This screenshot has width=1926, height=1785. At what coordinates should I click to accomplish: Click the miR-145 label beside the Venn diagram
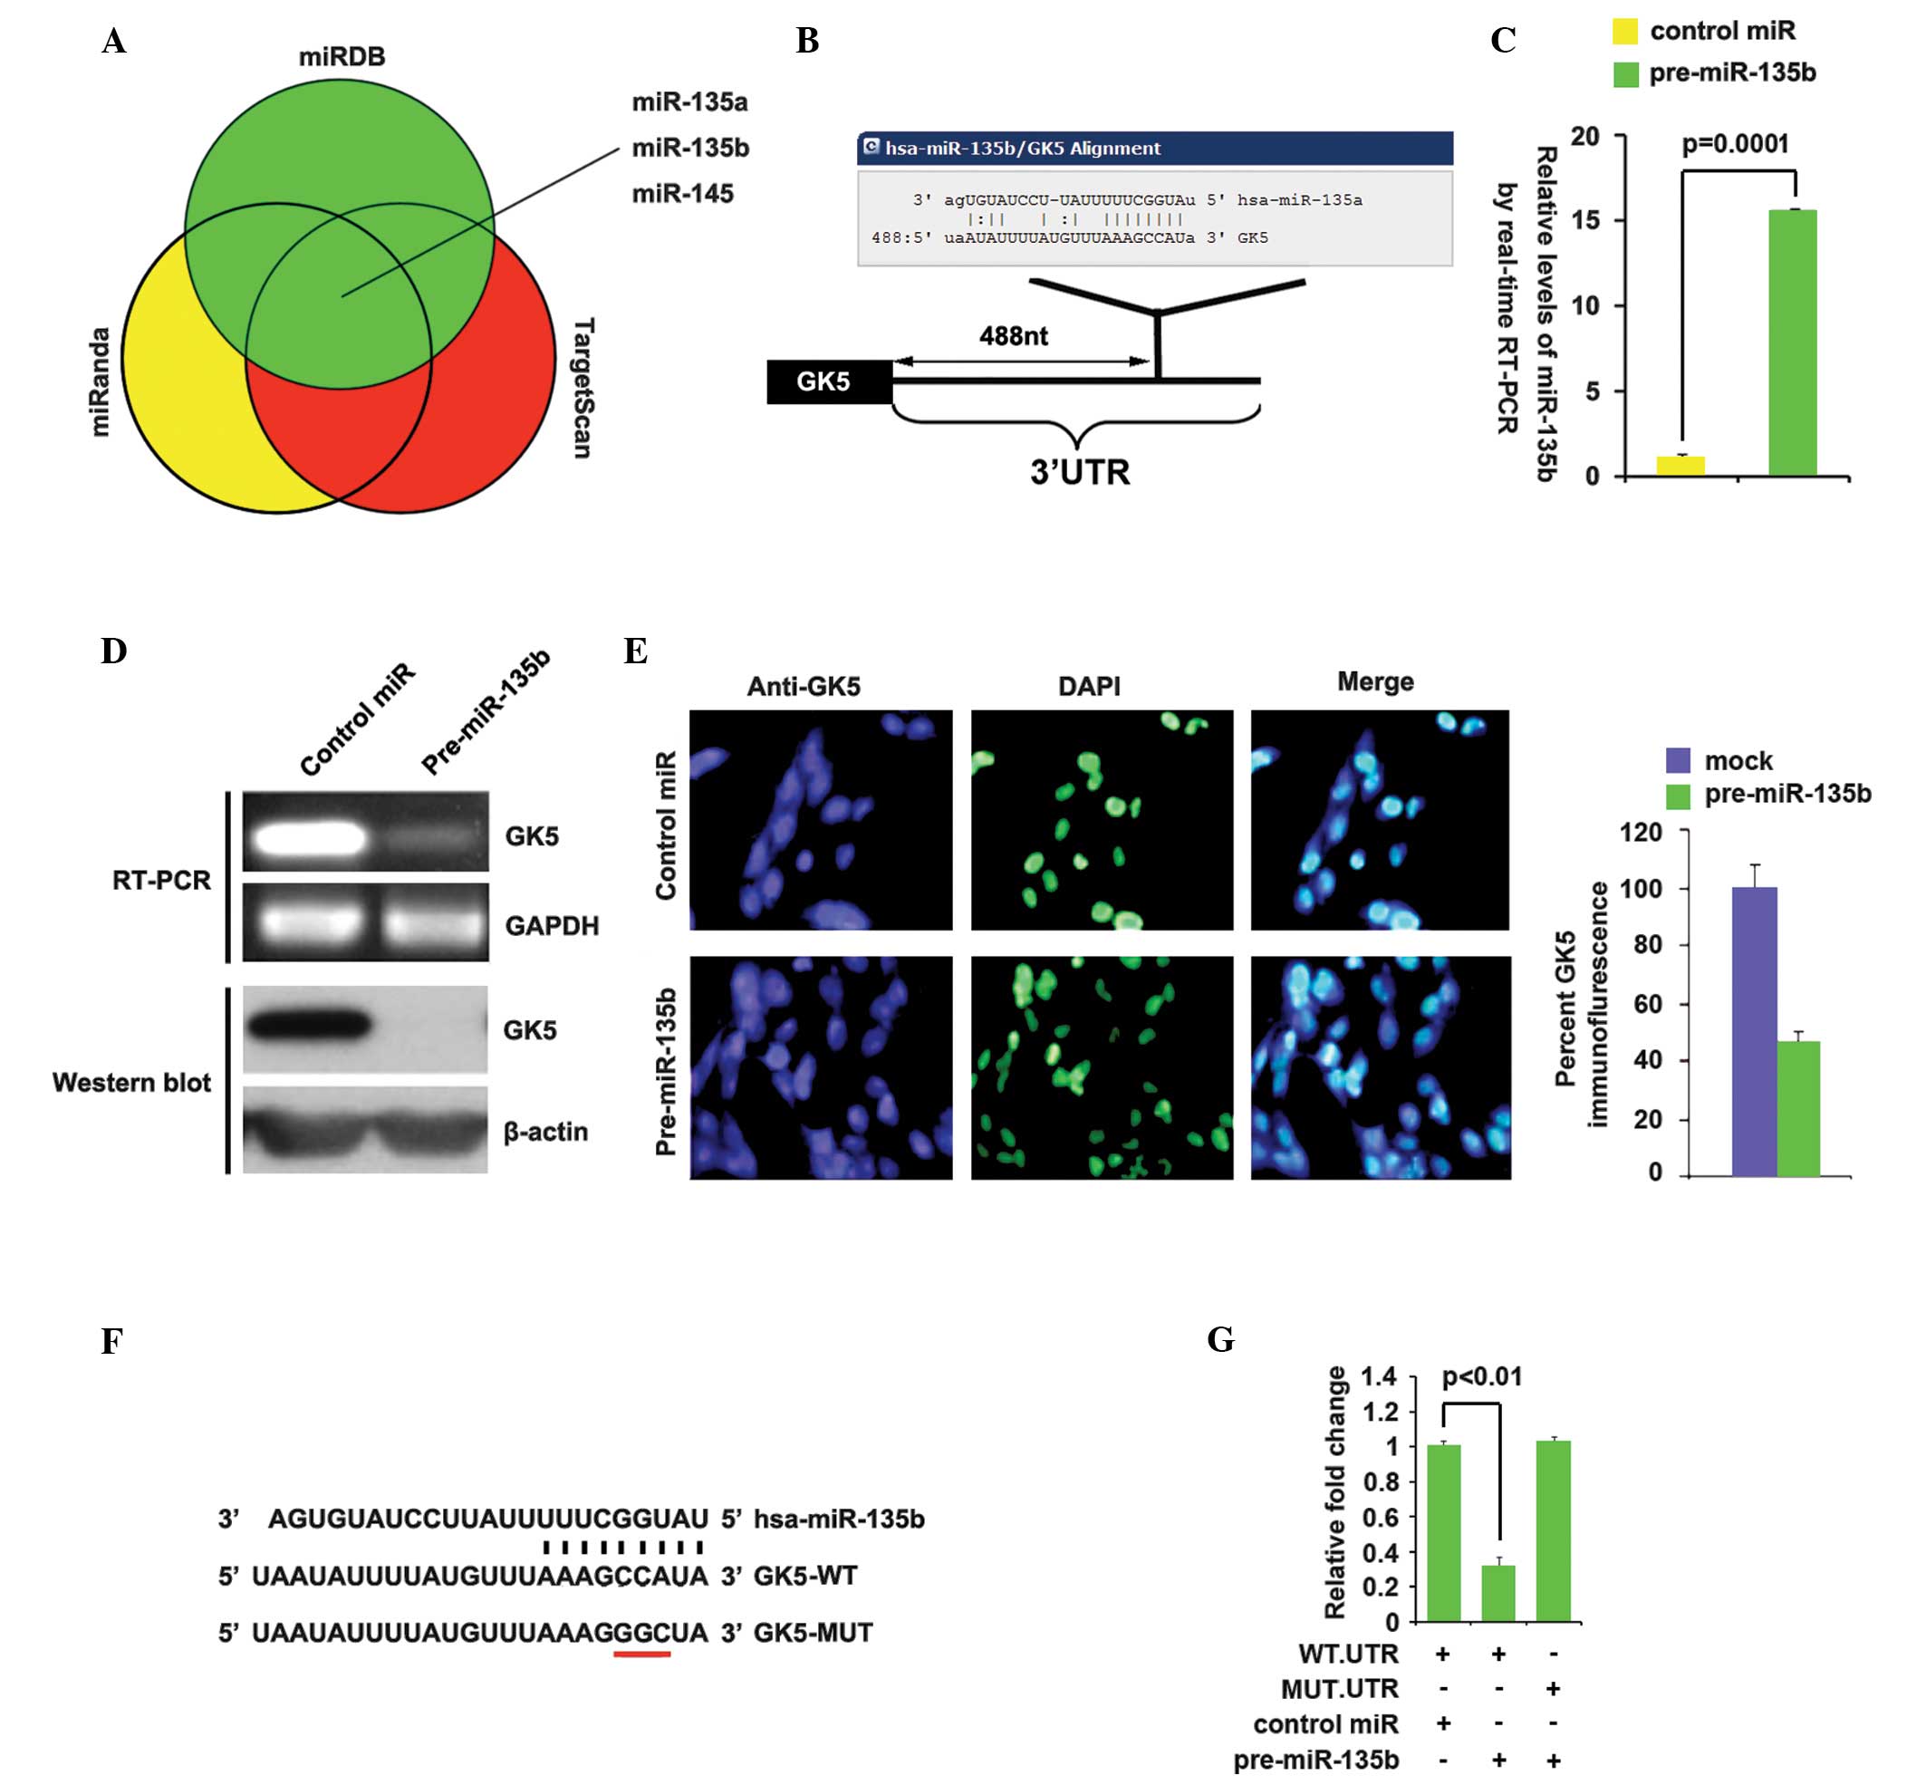coord(682,193)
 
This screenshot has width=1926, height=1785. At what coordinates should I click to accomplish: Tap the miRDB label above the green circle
coord(341,57)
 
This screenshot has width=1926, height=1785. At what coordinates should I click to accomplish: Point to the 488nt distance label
coord(1012,336)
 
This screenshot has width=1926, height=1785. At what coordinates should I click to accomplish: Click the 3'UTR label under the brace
coord(1079,472)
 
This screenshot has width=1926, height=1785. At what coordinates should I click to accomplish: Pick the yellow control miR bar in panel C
coord(1680,466)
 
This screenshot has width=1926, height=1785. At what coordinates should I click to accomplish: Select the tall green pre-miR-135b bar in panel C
coord(1792,343)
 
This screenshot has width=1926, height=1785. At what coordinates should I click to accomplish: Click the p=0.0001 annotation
coord(1736,144)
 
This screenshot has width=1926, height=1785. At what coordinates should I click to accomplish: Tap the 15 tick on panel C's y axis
coord(1585,220)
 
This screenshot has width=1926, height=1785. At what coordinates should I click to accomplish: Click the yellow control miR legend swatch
coord(1625,32)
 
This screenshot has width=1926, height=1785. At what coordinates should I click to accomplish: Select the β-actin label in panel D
coord(544,1131)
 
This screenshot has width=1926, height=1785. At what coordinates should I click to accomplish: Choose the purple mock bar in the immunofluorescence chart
coord(1753,1032)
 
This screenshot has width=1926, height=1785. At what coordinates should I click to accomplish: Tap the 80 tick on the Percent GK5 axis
coord(1647,945)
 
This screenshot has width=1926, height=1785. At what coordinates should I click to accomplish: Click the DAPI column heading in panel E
coord(1089,686)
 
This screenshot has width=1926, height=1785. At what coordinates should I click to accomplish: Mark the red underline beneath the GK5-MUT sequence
coord(640,1654)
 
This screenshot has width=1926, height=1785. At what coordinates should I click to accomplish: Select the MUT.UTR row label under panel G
coord(1339,1688)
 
